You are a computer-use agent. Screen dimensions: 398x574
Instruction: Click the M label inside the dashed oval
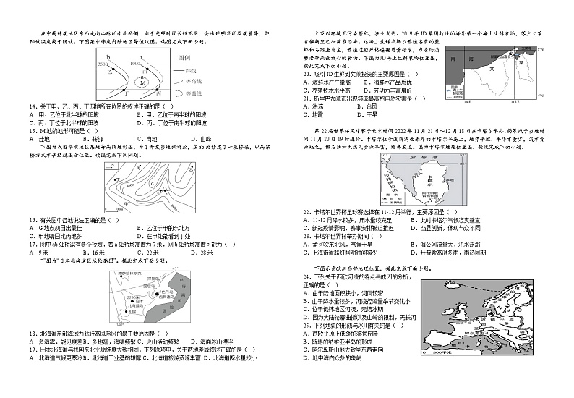pyautogui.click(x=143, y=82)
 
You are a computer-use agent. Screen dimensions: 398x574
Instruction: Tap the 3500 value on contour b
pyautogui.click(x=103, y=65)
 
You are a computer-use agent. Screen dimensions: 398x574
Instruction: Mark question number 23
pyautogui.click(x=307, y=236)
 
